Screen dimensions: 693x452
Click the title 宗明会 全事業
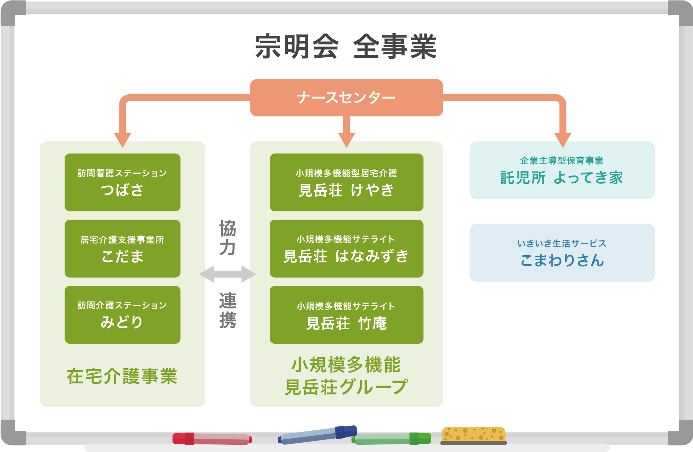click(346, 47)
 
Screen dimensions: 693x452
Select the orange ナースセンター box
click(346, 97)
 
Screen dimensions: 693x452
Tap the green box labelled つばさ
click(122, 182)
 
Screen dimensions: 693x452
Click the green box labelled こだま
click(122, 248)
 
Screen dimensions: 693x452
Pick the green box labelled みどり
click(122, 314)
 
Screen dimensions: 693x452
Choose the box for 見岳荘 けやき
click(346, 182)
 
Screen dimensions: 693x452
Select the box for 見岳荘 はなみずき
click(346, 248)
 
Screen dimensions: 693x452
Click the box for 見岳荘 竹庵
click(346, 314)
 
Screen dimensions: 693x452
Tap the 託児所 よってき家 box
click(562, 170)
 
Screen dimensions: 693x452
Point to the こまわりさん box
click(562, 253)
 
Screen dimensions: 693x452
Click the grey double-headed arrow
click(228, 274)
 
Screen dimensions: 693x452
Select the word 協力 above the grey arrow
click(228, 238)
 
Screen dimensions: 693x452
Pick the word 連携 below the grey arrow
click(228, 310)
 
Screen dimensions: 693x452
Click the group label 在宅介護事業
click(122, 376)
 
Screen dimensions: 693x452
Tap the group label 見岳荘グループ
click(346, 387)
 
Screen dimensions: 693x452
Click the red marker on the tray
click(212, 439)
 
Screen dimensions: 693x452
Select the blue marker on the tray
click(317, 435)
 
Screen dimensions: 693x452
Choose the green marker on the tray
click(391, 439)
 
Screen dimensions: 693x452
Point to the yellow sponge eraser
click(474, 435)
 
